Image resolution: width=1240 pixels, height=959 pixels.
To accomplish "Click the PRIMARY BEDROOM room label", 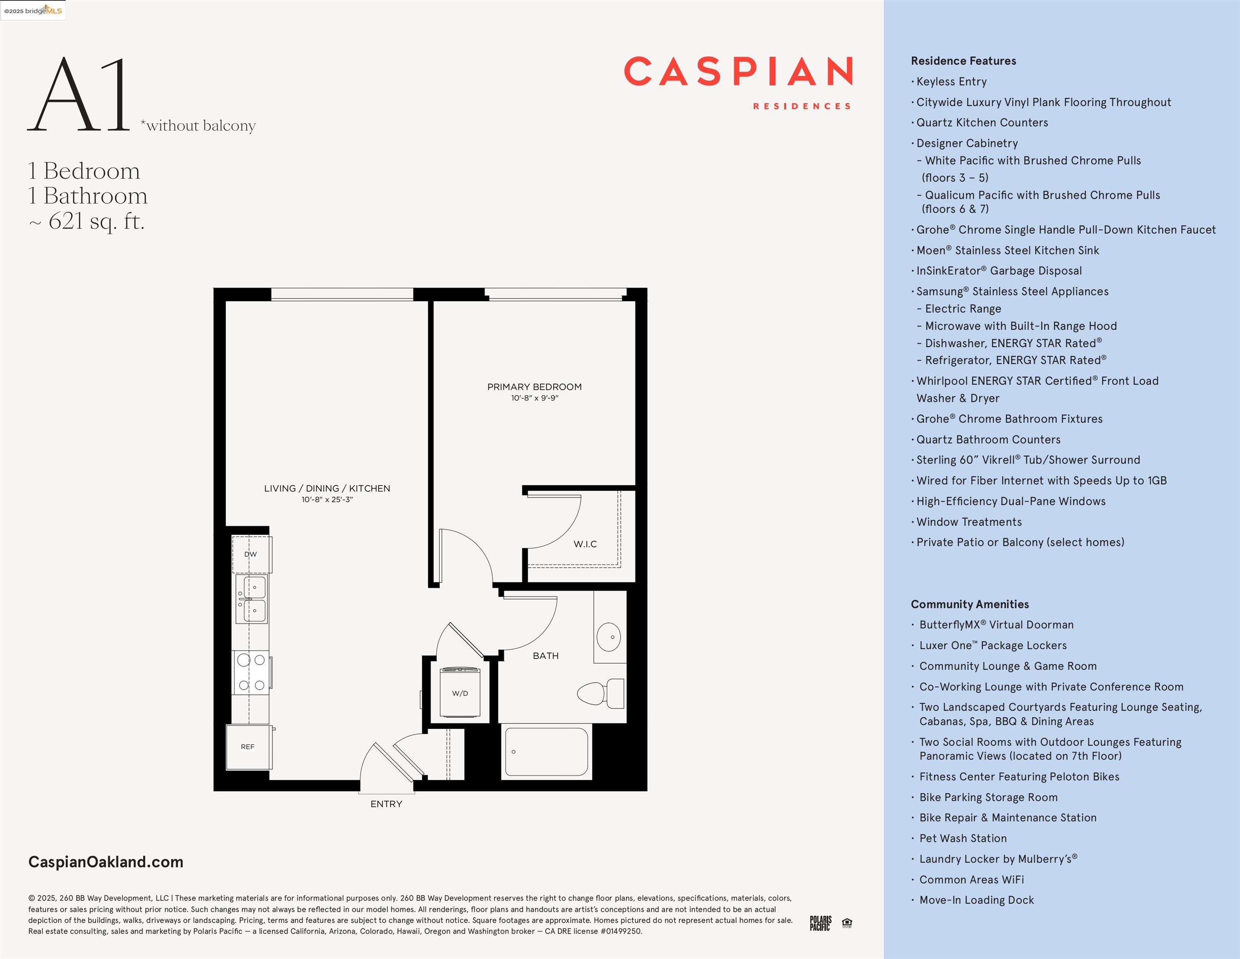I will pyautogui.click(x=534, y=387).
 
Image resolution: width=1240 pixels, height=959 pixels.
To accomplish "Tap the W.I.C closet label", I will pyautogui.click(x=585, y=544).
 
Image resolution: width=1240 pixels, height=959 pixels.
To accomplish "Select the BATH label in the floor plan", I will pyautogui.click(x=546, y=656).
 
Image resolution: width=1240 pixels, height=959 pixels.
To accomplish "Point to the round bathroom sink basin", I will pyautogui.click(x=609, y=637).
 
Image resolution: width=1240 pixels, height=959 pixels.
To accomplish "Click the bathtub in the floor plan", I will pyautogui.click(x=546, y=752).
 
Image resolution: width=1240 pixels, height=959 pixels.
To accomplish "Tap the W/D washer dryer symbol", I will pyautogui.click(x=460, y=693).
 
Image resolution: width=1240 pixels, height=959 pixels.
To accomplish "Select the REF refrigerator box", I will pyautogui.click(x=248, y=747).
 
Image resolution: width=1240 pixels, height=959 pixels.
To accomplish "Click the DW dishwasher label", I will pyautogui.click(x=250, y=554).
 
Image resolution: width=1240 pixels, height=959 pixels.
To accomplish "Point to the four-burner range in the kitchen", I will pyautogui.click(x=251, y=673).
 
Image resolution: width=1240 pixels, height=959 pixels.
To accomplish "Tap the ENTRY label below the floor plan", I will pyautogui.click(x=386, y=804).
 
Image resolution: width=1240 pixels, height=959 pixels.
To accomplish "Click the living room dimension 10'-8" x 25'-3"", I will pyautogui.click(x=327, y=499).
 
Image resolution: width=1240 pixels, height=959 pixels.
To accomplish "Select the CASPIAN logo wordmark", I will pyautogui.click(x=738, y=72).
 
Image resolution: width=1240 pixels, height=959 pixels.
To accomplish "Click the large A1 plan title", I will pyautogui.click(x=79, y=94).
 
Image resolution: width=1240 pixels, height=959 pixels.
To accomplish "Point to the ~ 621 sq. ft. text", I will pyautogui.click(x=87, y=221).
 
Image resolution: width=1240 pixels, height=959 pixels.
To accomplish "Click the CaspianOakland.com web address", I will pyautogui.click(x=106, y=862).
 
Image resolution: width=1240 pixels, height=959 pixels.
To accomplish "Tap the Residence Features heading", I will pyautogui.click(x=963, y=61).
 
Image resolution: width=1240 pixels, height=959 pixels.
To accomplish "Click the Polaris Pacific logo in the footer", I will pyautogui.click(x=820, y=923).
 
